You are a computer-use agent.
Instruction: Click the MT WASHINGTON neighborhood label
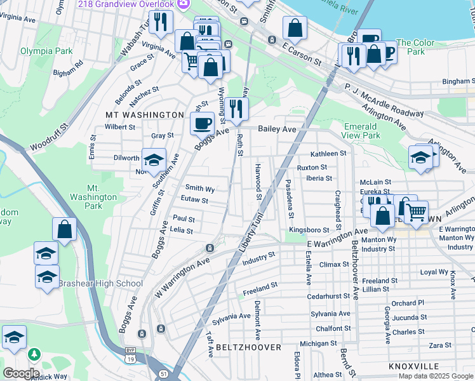(x=144, y=115)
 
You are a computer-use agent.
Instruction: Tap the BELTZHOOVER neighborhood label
(x=248, y=347)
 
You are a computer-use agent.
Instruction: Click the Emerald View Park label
(x=361, y=131)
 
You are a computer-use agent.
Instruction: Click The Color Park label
(x=415, y=47)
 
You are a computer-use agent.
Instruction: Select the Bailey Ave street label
(x=277, y=129)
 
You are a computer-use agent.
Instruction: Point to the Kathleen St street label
(x=328, y=154)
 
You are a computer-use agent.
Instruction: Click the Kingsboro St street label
(x=309, y=230)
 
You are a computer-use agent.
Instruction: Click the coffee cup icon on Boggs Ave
(x=203, y=123)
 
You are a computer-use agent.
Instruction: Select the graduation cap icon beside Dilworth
(x=153, y=161)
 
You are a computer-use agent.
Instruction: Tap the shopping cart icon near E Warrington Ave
(x=416, y=212)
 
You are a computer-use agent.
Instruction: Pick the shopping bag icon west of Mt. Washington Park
(x=64, y=229)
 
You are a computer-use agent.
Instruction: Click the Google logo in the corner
(x=21, y=373)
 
